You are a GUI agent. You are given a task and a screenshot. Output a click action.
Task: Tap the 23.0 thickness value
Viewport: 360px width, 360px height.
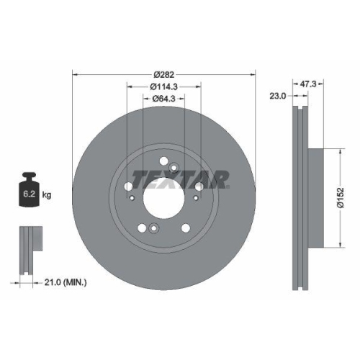279,94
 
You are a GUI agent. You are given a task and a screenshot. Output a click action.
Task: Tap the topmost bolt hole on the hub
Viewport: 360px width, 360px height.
164,161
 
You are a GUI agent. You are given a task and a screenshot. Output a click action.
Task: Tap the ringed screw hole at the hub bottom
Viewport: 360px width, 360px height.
154,229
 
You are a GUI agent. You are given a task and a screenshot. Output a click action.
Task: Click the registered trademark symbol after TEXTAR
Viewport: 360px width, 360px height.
228,185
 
